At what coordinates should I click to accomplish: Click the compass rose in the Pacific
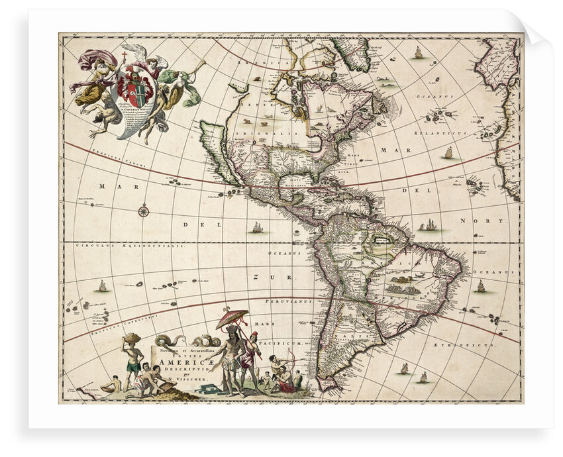pos(144,211)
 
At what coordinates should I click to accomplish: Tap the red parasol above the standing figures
pos(232,319)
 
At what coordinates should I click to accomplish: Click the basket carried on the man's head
pos(132,338)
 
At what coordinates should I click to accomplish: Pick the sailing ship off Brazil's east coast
pos(481,287)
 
